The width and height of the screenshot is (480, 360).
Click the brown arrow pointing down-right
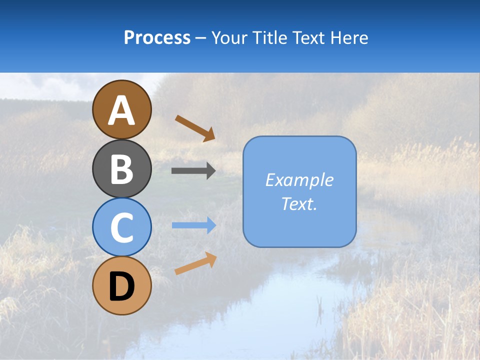click(x=195, y=128)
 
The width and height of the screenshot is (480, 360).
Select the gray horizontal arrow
click(x=193, y=171)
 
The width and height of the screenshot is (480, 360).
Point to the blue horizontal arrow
click(x=194, y=225)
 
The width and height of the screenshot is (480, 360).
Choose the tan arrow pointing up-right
click(x=195, y=263)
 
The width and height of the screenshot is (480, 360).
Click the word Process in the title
click(x=157, y=37)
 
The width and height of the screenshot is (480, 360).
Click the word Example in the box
click(x=299, y=180)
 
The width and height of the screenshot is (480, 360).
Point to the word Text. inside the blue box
click(x=299, y=204)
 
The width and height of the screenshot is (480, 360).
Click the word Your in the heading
click(x=229, y=37)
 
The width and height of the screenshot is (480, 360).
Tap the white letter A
click(x=122, y=111)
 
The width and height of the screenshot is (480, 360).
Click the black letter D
click(x=122, y=287)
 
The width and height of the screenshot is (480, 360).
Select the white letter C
click(x=122, y=228)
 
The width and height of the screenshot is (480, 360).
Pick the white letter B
click(x=122, y=169)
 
